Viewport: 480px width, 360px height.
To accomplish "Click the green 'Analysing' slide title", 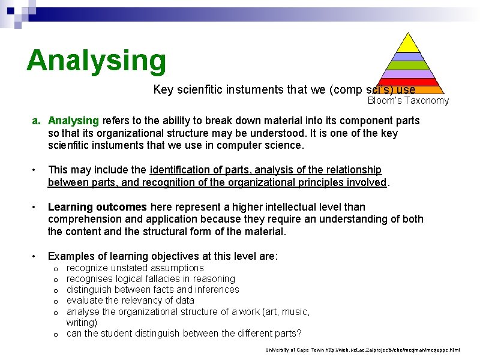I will pyautogui.click(x=96, y=61).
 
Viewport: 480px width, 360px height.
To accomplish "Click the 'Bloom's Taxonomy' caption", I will pyautogui.click(x=408, y=101).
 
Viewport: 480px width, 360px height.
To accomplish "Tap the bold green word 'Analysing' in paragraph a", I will pyautogui.click(x=73, y=121).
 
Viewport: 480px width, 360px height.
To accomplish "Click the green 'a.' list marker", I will pyautogui.click(x=37, y=121).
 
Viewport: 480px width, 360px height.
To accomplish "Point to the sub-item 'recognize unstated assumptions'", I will pyautogui.click(x=135, y=268).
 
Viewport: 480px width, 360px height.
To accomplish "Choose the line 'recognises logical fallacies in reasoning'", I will pyautogui.click(x=151, y=278).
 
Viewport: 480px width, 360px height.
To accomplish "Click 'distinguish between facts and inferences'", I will pyautogui.click(x=152, y=289).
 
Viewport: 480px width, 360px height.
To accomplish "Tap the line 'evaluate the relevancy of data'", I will pyautogui.click(x=130, y=300).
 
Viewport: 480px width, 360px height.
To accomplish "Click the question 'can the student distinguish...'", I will pyautogui.click(x=184, y=333).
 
